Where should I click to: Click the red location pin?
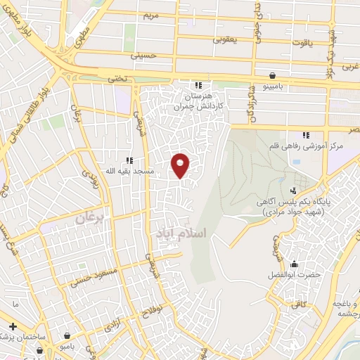181,165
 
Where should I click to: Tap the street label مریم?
152,14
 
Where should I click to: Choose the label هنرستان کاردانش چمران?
200,98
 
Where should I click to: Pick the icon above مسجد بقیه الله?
129,160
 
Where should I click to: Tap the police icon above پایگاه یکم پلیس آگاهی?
293,190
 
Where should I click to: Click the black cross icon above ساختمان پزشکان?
13,326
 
